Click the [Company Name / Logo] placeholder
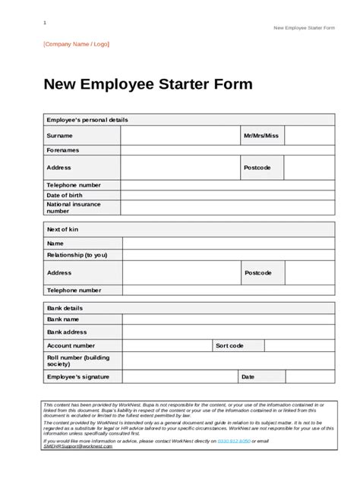[x=76, y=44]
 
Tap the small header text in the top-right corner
[x=304, y=28]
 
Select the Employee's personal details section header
[x=87, y=120]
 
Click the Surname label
[x=60, y=136]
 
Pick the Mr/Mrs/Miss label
[x=261, y=136]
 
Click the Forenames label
[x=63, y=150]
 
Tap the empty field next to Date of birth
[x=227, y=196]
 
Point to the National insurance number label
[x=73, y=208]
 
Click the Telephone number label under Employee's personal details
[x=74, y=185]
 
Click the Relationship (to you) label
[x=77, y=256]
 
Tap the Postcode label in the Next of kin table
[x=258, y=272]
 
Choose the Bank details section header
[x=65, y=308]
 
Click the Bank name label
[x=64, y=320]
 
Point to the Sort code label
[x=229, y=346]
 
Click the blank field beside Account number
[x=167, y=346]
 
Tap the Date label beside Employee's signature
[x=248, y=376]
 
